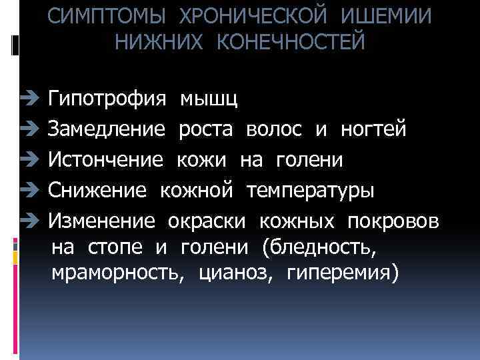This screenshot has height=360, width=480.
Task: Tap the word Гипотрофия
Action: pyautogui.click(x=107, y=101)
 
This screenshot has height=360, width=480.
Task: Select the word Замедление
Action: pyautogui.click(x=107, y=130)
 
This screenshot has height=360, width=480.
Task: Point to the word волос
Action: pyautogui.click(x=274, y=130)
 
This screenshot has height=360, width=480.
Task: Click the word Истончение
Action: pyautogui.click(x=106, y=160)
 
